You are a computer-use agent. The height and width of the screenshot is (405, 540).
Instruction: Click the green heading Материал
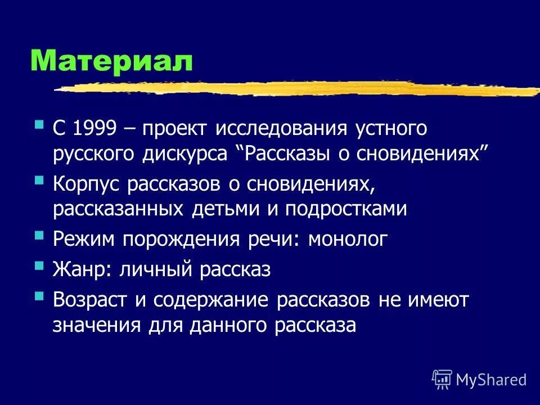(111, 60)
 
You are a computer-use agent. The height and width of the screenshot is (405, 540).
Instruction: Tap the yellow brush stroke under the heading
(298, 89)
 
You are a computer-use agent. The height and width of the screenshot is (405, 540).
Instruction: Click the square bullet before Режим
(39, 236)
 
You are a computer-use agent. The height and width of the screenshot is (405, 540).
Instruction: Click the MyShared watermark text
(490, 380)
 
